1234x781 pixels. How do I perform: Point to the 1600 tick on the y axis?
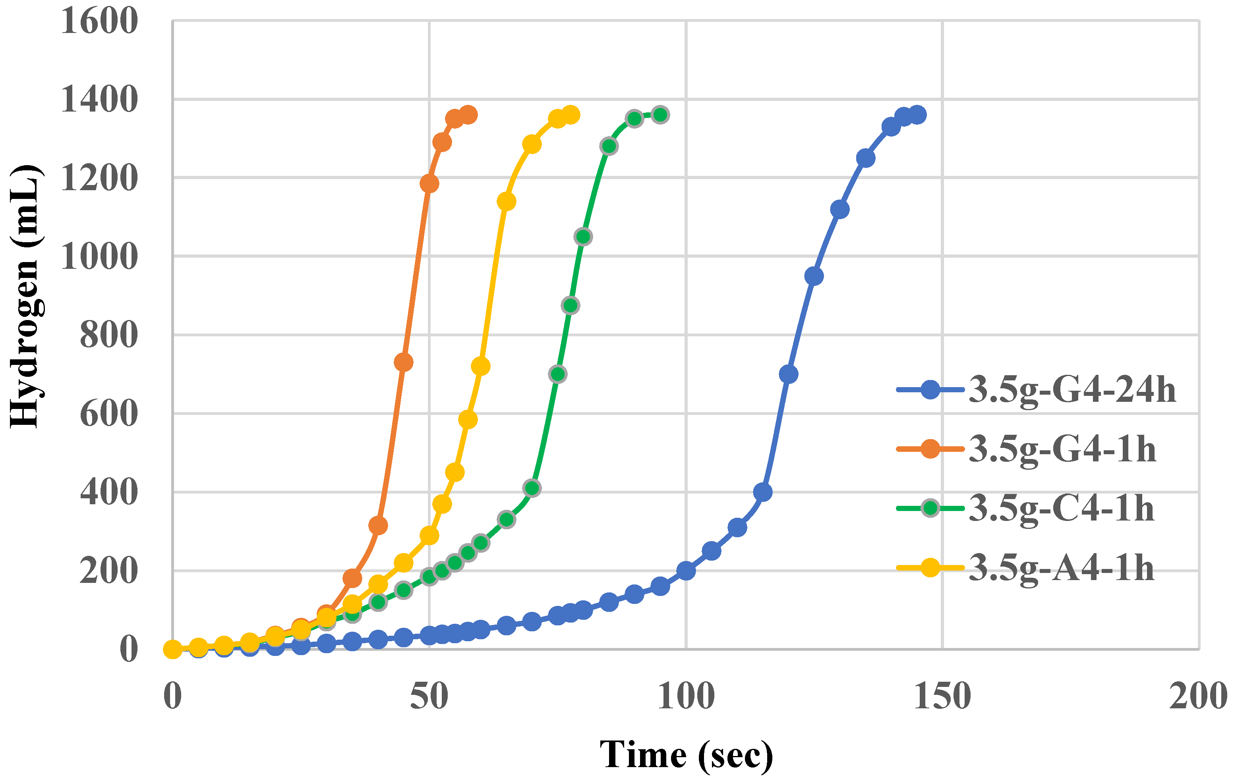(x=99, y=21)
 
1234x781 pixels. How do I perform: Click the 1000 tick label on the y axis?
(x=99, y=256)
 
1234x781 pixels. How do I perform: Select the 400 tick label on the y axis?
(x=108, y=492)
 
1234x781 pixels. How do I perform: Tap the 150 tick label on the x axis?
(x=942, y=696)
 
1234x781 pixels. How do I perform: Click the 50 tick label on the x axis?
(x=429, y=696)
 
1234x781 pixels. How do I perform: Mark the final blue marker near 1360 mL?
(x=917, y=115)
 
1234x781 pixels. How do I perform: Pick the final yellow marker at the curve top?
(x=571, y=115)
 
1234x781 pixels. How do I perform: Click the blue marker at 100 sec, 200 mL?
(x=686, y=571)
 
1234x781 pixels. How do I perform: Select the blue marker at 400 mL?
(x=762, y=492)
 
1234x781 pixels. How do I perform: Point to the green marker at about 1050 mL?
(x=583, y=237)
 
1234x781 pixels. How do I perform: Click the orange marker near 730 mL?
(x=404, y=362)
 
